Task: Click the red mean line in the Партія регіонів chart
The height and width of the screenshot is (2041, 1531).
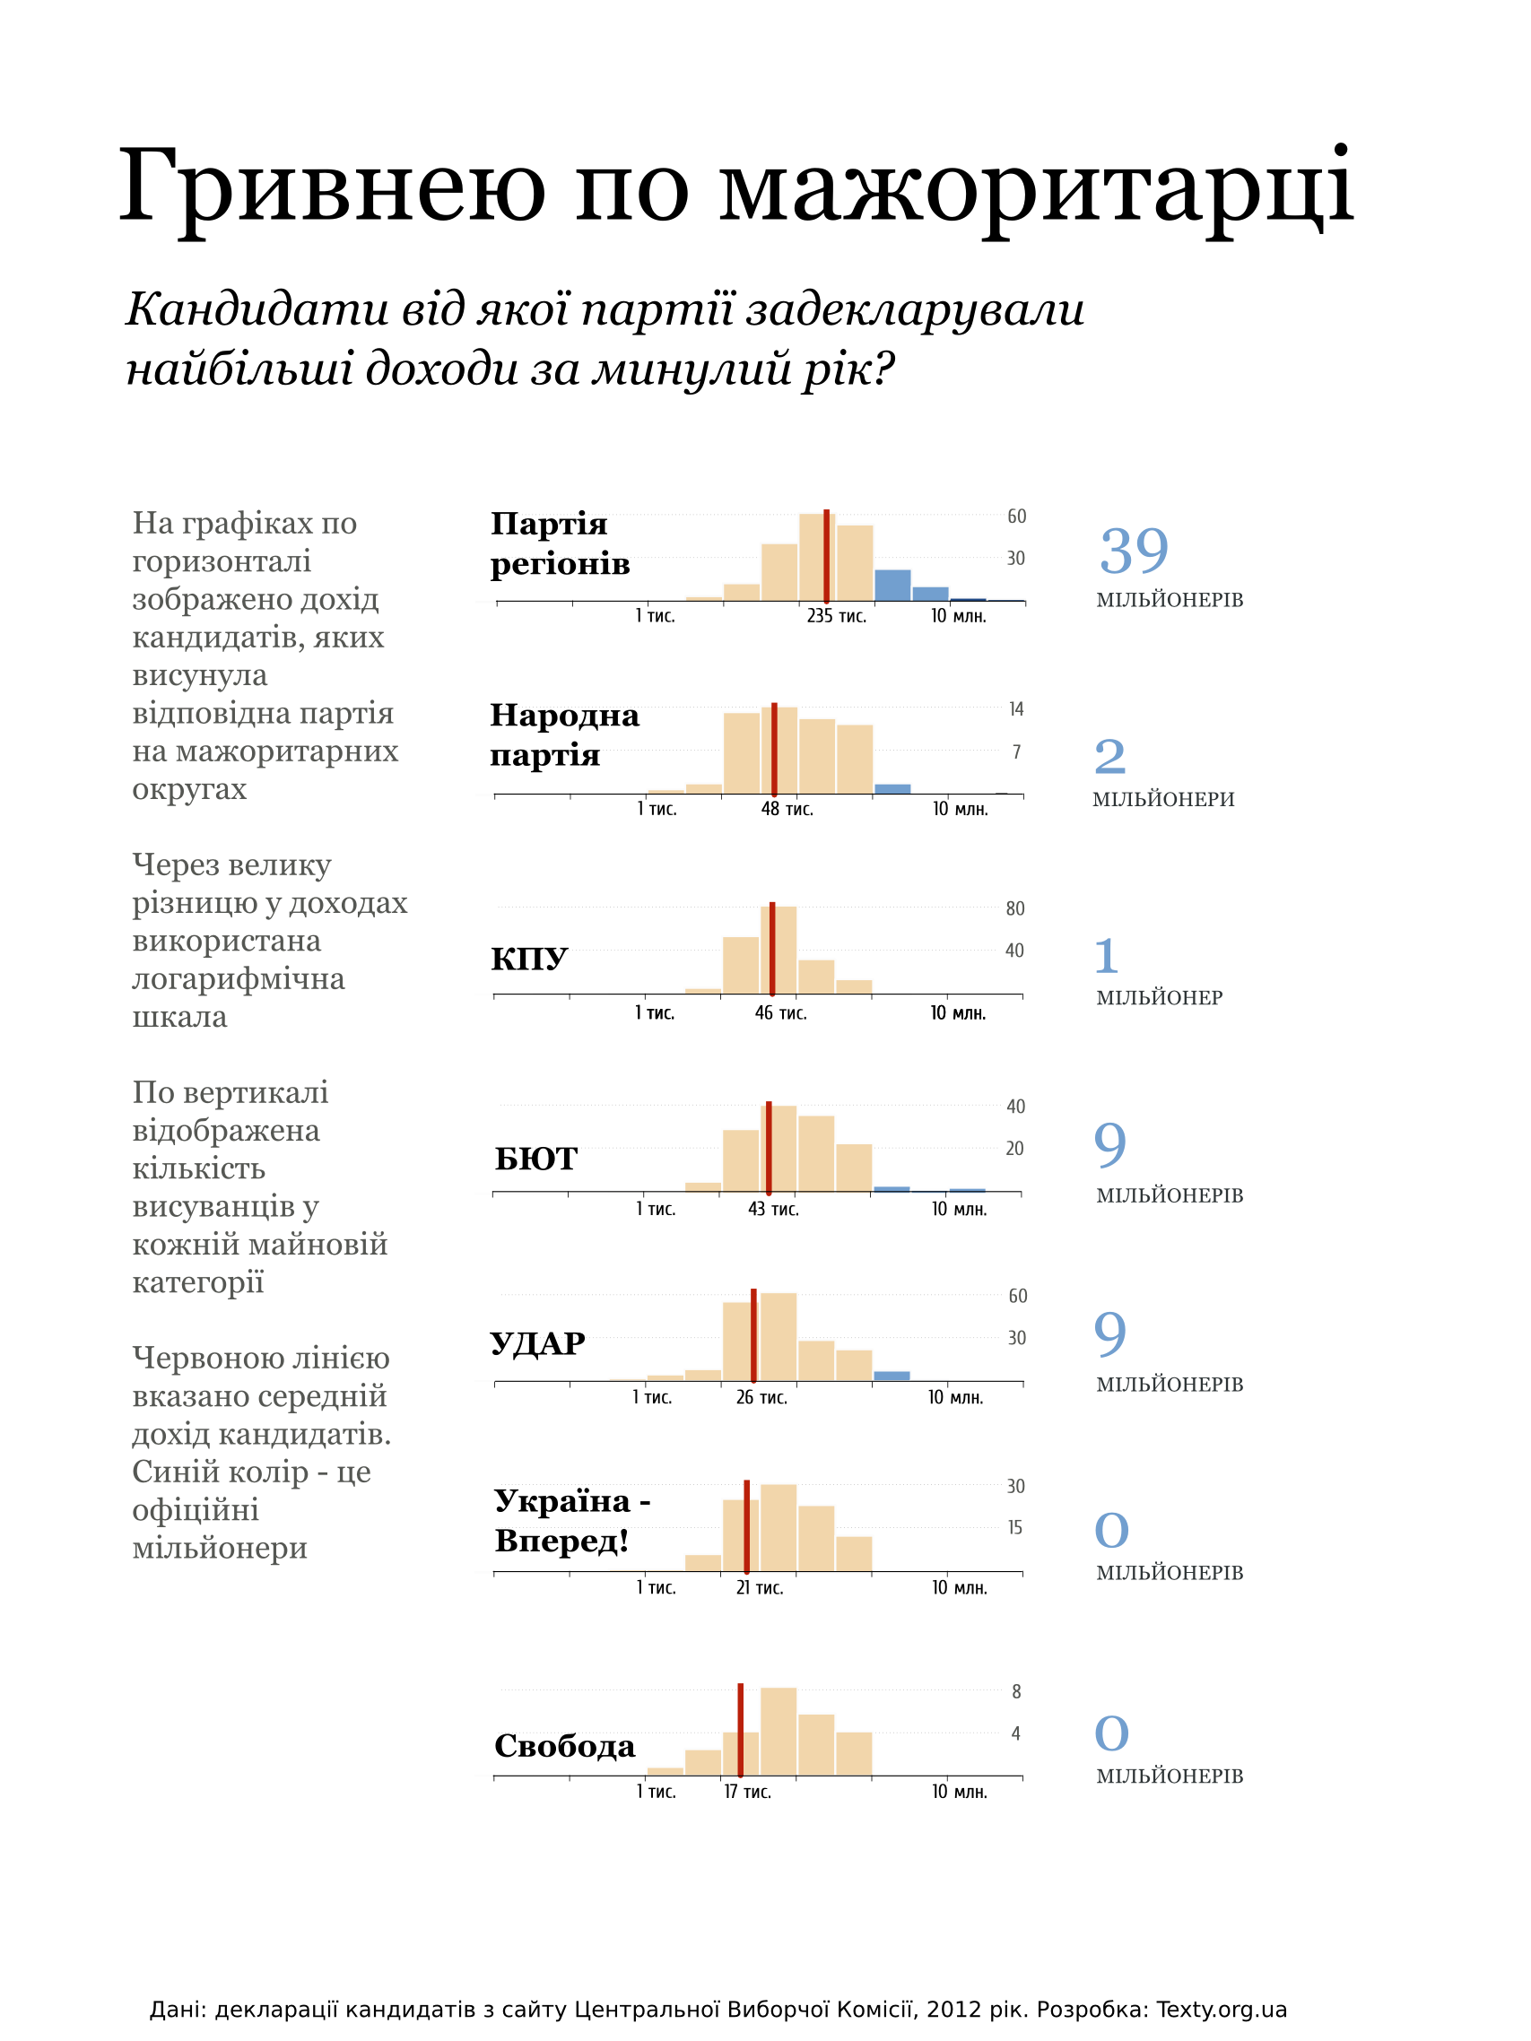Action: click(x=826, y=555)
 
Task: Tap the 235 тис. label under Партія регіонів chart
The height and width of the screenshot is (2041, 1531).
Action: click(x=836, y=616)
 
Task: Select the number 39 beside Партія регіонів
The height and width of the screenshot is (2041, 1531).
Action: click(x=1135, y=551)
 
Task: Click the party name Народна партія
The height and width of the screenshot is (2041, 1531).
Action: click(x=564, y=734)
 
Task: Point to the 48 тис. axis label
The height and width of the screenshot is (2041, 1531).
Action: click(x=787, y=809)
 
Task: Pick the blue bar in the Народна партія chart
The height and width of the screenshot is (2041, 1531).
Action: click(x=892, y=789)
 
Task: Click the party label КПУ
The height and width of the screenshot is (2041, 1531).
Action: click(x=529, y=959)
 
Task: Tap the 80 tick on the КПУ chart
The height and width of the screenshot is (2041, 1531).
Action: click(x=1015, y=908)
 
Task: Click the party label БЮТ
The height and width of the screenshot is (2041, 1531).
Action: click(x=536, y=1158)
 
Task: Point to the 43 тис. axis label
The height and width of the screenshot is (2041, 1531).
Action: click(x=773, y=1210)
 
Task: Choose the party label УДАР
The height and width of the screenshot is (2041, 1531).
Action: click(x=537, y=1342)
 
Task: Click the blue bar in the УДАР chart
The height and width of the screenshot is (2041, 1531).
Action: click(x=892, y=1376)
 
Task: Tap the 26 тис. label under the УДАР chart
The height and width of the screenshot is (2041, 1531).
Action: click(x=761, y=1398)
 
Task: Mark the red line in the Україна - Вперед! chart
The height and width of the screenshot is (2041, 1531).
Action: click(x=746, y=1526)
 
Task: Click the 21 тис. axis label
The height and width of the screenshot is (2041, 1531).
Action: click(x=760, y=1588)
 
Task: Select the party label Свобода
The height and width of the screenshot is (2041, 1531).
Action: click(x=565, y=1746)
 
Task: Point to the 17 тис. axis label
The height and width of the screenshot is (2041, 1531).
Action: click(x=747, y=1792)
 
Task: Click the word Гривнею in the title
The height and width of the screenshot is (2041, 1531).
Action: click(x=332, y=187)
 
